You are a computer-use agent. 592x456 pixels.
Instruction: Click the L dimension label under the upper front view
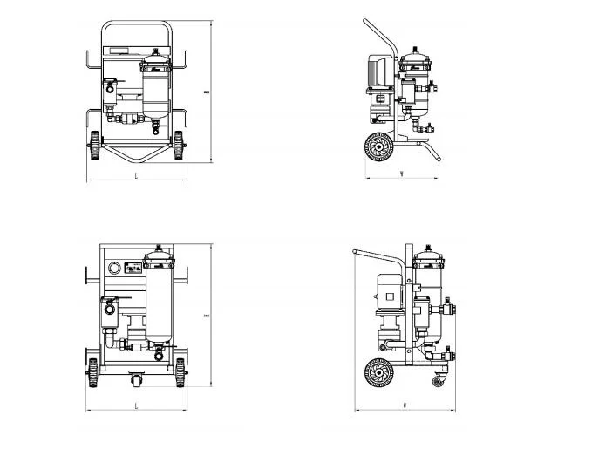[x=136, y=176]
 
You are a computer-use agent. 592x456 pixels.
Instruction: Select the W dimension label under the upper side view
[x=399, y=174]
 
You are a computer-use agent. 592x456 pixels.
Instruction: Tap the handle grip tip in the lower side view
[x=356, y=253]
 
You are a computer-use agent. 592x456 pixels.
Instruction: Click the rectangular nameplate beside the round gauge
[x=134, y=269]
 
